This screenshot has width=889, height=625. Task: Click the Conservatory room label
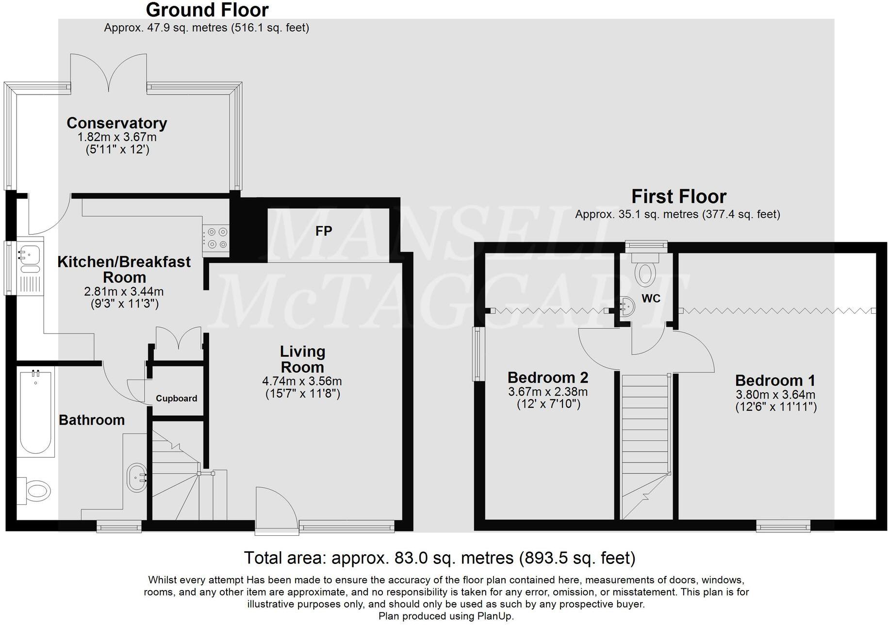(117, 123)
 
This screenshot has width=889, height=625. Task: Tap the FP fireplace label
(324, 231)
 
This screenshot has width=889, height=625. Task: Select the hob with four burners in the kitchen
(215, 239)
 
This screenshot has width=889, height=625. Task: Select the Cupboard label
(176, 399)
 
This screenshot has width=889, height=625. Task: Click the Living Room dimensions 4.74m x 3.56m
(302, 381)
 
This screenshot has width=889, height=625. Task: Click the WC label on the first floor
(651, 299)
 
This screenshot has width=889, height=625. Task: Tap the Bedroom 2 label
(548, 377)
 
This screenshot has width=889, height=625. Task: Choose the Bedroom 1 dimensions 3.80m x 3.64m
(775, 395)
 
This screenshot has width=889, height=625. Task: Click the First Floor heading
(678, 197)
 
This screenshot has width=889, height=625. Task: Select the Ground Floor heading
(207, 10)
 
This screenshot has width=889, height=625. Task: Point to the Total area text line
(439, 558)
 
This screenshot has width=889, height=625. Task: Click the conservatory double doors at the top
(109, 72)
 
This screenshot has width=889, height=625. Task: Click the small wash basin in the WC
(626, 306)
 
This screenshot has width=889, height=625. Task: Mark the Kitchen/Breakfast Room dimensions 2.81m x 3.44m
(124, 292)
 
